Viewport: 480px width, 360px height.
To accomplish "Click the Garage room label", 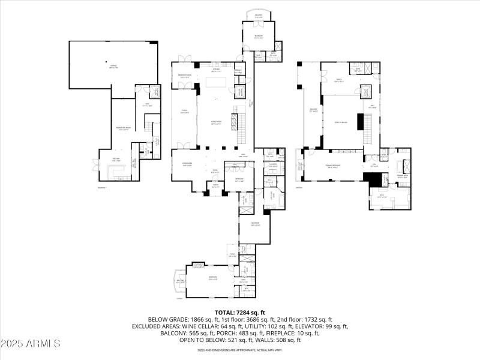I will tap(113, 67).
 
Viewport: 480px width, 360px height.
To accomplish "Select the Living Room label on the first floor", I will tap(215, 122).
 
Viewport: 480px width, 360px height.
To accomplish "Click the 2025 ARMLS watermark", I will tap(31, 344).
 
